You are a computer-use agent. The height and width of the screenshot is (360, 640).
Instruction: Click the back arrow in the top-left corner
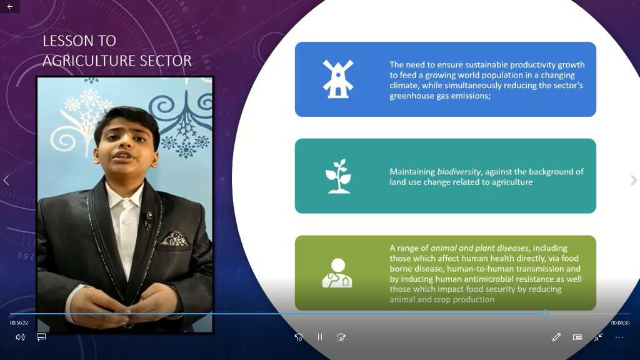[x=10, y=6]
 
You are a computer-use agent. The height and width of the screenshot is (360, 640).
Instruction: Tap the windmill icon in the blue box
[x=338, y=79]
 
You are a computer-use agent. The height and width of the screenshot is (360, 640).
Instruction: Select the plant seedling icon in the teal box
[x=338, y=176]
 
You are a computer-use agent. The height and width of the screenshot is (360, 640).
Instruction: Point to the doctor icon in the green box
[x=337, y=273]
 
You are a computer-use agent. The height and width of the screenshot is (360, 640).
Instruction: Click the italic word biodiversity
[x=459, y=172]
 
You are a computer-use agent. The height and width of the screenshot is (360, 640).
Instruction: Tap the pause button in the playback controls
[x=320, y=337]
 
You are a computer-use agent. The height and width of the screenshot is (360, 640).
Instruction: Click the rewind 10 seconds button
[x=299, y=337]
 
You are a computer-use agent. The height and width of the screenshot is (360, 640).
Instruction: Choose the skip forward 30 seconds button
[x=341, y=337]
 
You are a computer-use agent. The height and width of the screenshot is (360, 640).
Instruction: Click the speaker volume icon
[x=20, y=337]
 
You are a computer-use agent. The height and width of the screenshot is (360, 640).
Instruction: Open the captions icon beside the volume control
[x=41, y=337]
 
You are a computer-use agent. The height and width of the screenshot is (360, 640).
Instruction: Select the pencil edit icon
[x=556, y=337]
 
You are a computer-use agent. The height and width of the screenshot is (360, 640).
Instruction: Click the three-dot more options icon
[x=619, y=337]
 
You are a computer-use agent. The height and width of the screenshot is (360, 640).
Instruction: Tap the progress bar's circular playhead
[x=545, y=314]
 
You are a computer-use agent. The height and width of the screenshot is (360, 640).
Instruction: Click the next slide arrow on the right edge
[x=634, y=180]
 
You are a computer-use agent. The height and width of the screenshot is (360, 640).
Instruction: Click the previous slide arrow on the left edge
[x=6, y=180]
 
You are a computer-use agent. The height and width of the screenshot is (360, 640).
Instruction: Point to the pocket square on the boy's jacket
[x=174, y=239]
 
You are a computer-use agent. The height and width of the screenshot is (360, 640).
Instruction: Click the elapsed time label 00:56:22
[x=19, y=323]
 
